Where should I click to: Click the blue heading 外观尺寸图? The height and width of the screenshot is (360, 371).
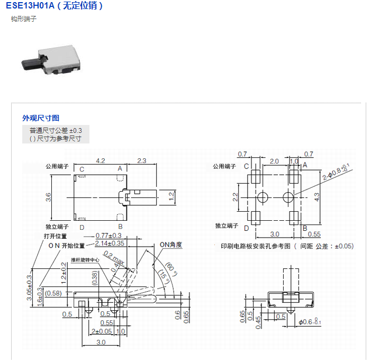coord(41,118)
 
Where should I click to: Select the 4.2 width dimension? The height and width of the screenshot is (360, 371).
coord(101,161)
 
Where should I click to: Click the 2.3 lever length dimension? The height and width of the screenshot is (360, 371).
coord(142,161)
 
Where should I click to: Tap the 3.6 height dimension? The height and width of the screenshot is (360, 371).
coord(48,197)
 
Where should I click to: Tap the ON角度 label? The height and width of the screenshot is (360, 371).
coord(171,245)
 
